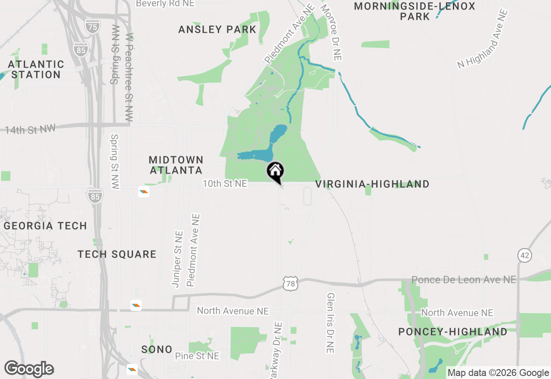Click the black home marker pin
click(x=275, y=172)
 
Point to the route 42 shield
click(x=524, y=255)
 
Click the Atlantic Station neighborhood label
click(x=36, y=69)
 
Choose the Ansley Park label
click(x=217, y=30)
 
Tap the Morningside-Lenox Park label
click(x=415, y=12)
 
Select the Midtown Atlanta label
click(x=176, y=165)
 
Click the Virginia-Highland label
click(x=372, y=184)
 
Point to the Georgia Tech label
click(x=46, y=226)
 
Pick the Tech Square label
click(x=117, y=254)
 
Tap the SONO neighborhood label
click(x=157, y=349)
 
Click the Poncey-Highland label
click(x=453, y=332)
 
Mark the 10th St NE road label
click(x=225, y=184)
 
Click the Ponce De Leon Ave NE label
click(x=464, y=280)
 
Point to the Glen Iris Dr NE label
click(x=331, y=323)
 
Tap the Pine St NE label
click(x=197, y=356)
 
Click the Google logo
click(x=29, y=369)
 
